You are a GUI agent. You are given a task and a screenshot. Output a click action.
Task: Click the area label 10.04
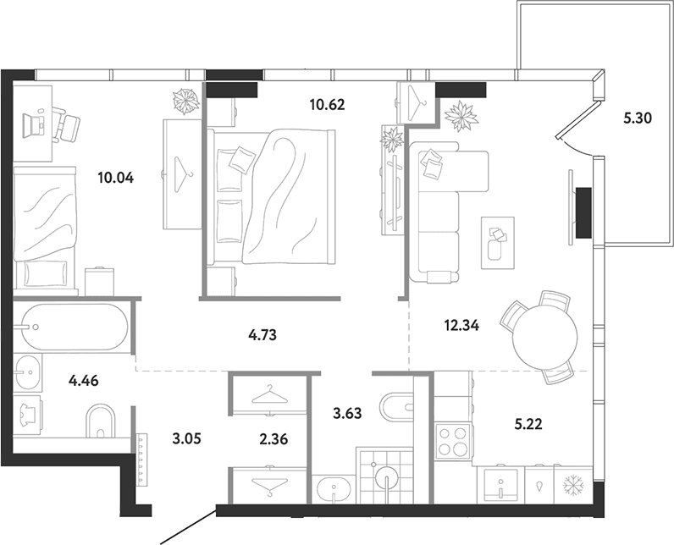[116, 178]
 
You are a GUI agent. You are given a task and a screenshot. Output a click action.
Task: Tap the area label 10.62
[328, 104]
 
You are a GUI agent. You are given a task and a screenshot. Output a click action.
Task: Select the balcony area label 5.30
[638, 118]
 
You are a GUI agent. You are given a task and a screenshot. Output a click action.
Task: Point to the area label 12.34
[461, 326]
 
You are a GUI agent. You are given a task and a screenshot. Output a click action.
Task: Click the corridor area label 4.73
[262, 334]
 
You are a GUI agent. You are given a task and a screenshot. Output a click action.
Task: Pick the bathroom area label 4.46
[84, 380]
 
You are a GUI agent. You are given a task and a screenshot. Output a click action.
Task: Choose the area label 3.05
[186, 439]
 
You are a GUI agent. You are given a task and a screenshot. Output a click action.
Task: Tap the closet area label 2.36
[273, 439]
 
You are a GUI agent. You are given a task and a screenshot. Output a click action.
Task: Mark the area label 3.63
[347, 413]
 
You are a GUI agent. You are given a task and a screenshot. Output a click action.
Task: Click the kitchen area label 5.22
[528, 424]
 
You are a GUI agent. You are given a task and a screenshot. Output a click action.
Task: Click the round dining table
[545, 337]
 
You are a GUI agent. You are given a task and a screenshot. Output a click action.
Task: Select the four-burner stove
[453, 442]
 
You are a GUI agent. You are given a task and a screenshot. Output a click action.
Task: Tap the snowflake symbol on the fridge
[573, 485]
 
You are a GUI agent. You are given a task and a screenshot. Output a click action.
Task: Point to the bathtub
[70, 328]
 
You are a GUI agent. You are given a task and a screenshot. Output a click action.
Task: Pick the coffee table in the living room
[498, 243]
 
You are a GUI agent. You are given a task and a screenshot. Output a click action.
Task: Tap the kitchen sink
[500, 485]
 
